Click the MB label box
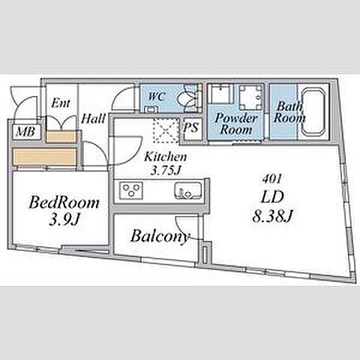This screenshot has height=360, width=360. click(27, 132)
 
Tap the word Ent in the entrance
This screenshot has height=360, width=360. click(60, 103)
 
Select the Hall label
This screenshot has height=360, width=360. click(93, 118)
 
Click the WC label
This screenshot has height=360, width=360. click(157, 97)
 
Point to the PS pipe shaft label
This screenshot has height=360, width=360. click(191, 127)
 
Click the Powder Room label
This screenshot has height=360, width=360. click(236, 124)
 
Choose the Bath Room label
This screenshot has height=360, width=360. click(289, 112)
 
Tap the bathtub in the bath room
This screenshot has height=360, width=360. click(313, 111)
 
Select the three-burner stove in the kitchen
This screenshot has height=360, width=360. click(131, 190)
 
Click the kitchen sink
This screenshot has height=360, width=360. click(188, 190)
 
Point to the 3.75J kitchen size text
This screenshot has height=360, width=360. click(166, 171)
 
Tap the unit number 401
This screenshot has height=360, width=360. click(272, 179)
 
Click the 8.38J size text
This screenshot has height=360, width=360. click(272, 216)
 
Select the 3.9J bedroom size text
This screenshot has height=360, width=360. click(64, 220)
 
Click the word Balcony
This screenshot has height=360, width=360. click(160, 236)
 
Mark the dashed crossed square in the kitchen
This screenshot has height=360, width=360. click(166, 130)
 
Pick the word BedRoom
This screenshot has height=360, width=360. click(64, 202)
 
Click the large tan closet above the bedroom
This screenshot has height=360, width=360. click(44, 157)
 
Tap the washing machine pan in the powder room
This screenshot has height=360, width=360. click(250, 97)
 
